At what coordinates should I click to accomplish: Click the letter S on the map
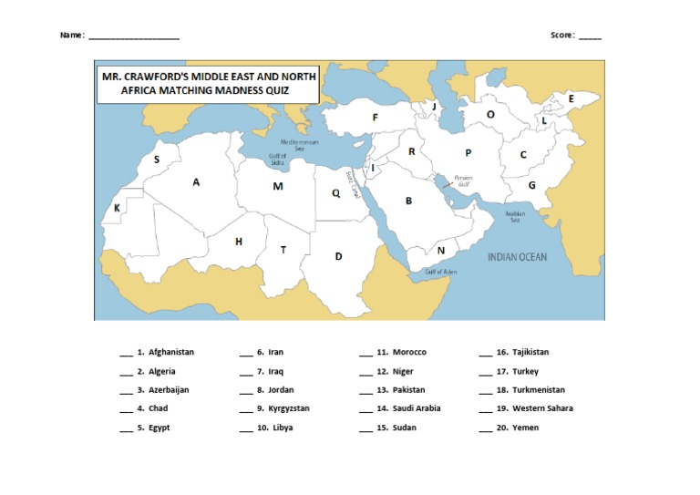[x=157, y=160]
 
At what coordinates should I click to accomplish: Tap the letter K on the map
[x=117, y=209]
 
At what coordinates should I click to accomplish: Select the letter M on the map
[x=278, y=186]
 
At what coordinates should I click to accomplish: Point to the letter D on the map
[x=338, y=256]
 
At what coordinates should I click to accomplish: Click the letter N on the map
[x=441, y=251]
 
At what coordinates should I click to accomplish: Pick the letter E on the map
[x=571, y=98]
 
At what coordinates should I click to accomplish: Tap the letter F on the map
[x=375, y=118]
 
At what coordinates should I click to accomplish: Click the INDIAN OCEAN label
[x=517, y=257]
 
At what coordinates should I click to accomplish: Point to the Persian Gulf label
[x=463, y=180]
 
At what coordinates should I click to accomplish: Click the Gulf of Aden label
[x=440, y=272]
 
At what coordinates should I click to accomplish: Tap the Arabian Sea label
[x=514, y=217]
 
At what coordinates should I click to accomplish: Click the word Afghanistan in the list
[x=171, y=352]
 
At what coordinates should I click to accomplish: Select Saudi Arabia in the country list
[x=417, y=408]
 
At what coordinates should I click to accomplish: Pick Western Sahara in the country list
[x=542, y=408]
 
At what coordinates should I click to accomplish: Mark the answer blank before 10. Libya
[x=246, y=428]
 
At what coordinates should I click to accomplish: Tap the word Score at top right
[x=561, y=36]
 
